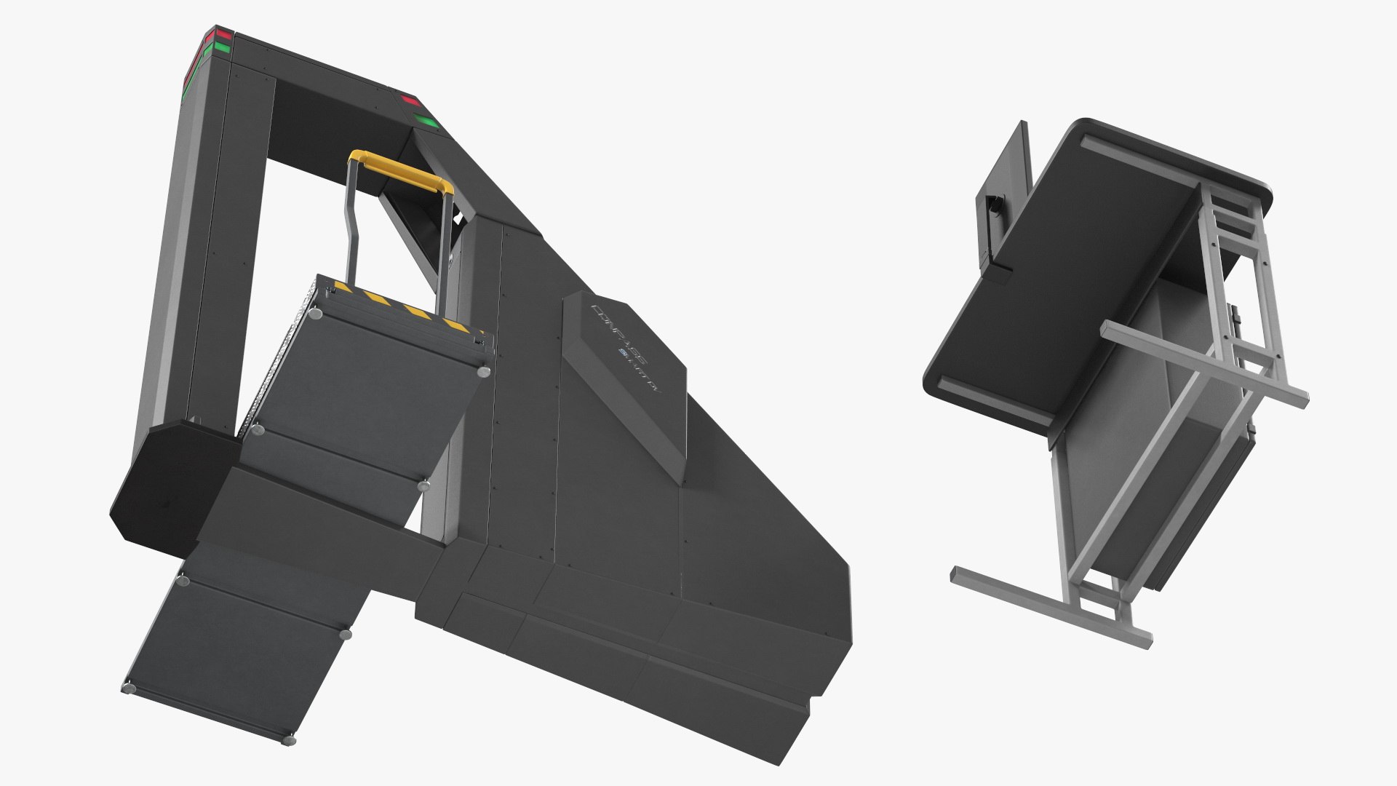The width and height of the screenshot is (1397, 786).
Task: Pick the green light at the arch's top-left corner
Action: pos(220,49)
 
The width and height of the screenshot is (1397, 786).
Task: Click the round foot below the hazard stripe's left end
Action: pos(317,315)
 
